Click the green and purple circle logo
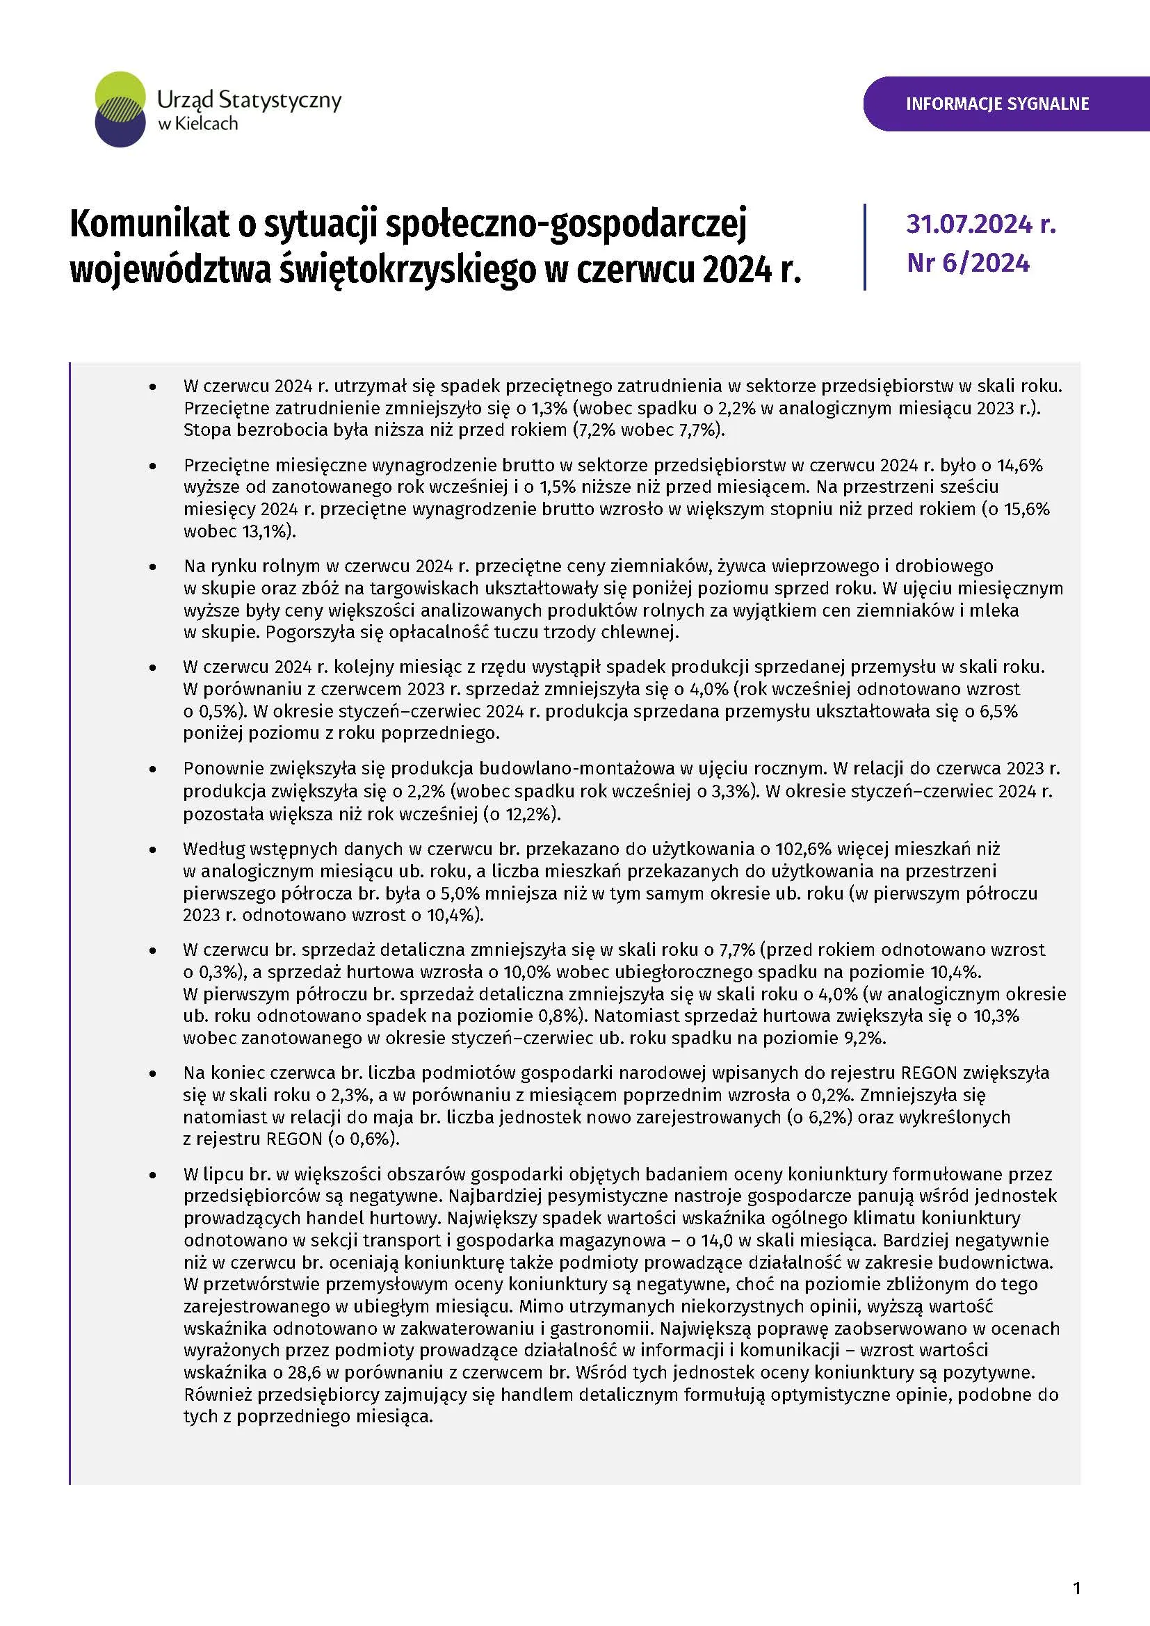click(x=120, y=109)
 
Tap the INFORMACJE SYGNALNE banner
click(x=997, y=104)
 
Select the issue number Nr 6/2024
click(x=968, y=263)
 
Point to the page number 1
click(x=1077, y=1588)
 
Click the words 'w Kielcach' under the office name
click(x=197, y=124)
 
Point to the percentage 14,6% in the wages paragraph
click(x=1020, y=465)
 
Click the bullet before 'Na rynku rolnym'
click(x=152, y=567)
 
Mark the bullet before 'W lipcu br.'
click(x=152, y=1175)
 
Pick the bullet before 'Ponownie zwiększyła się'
click(x=152, y=770)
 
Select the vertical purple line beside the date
click(x=865, y=247)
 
